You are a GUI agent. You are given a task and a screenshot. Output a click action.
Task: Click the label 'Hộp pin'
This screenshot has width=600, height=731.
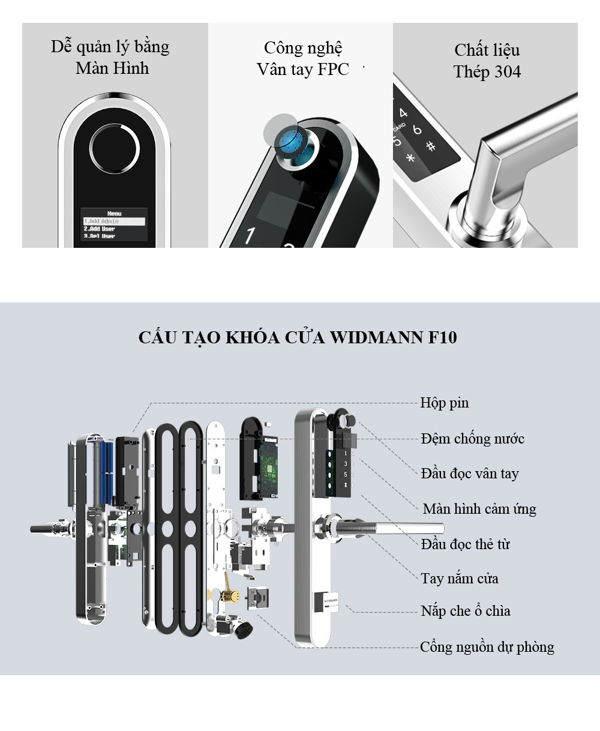point(444,403)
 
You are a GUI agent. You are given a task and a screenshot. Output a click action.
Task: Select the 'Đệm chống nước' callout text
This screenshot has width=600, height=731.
point(472,439)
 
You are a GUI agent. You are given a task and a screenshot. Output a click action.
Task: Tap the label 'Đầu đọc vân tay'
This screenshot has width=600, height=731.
point(469,474)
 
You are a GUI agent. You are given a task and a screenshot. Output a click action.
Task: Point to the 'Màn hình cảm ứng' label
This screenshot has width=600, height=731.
point(479,509)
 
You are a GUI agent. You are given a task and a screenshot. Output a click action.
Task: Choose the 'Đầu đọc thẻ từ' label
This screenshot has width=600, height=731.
point(465,544)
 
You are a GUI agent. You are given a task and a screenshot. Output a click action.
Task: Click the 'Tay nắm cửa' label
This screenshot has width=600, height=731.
point(459,579)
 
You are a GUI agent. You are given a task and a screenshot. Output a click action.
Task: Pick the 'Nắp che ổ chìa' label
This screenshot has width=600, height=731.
point(465,612)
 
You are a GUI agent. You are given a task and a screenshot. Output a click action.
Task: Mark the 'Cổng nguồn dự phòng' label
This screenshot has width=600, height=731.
point(487,647)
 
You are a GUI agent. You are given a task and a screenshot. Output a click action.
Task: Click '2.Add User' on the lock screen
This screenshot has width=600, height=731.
point(100,229)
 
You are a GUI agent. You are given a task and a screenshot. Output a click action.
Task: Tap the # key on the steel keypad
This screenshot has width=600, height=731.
point(430,146)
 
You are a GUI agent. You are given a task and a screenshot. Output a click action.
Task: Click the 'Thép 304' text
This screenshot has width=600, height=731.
point(487,72)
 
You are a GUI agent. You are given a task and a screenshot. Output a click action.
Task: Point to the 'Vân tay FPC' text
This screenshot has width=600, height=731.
point(302,70)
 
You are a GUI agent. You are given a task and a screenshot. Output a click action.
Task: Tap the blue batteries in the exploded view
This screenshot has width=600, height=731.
point(106,471)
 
